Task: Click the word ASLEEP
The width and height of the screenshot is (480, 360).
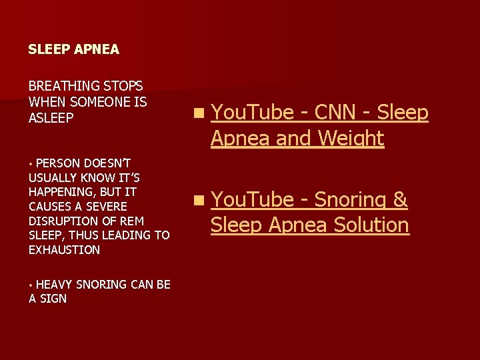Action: (x=51, y=117)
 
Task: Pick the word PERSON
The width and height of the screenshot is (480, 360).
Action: (x=58, y=163)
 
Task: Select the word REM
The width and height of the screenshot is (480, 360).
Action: (x=132, y=221)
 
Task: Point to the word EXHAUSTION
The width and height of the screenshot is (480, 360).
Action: (x=65, y=250)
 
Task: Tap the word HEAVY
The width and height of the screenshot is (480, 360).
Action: (x=55, y=285)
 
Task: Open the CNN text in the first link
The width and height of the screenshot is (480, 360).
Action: (x=335, y=113)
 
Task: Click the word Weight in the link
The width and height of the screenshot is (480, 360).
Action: (x=351, y=139)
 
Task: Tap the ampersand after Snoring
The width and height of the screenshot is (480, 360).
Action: (x=401, y=199)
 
